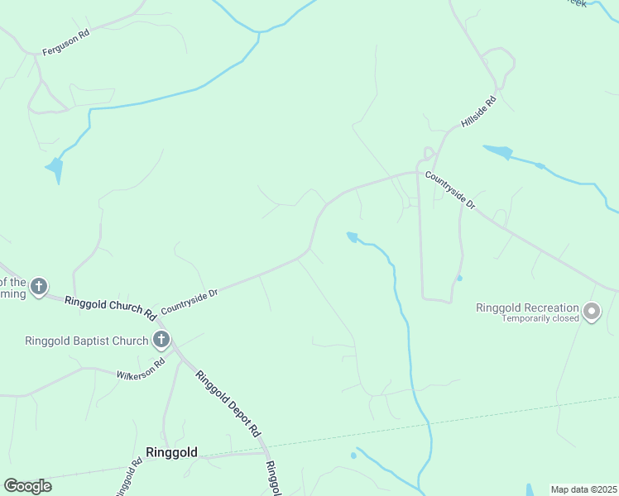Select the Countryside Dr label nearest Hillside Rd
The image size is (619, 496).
click(450, 190)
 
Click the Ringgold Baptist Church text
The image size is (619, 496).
click(86, 340)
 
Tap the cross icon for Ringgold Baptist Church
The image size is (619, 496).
click(161, 339)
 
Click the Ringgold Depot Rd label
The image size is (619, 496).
click(228, 403)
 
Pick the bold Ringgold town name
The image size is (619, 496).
click(171, 452)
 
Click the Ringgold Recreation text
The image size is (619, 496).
click(527, 308)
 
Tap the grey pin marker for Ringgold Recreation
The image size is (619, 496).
click(591, 312)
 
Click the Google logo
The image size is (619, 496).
click(27, 486)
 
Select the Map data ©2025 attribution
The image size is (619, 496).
click(583, 489)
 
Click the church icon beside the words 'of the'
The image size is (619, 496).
click(38, 287)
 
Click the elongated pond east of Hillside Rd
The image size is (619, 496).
click(498, 151)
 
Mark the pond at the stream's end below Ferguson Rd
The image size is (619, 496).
click(55, 169)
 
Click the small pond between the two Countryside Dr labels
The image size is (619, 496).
click(353, 238)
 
